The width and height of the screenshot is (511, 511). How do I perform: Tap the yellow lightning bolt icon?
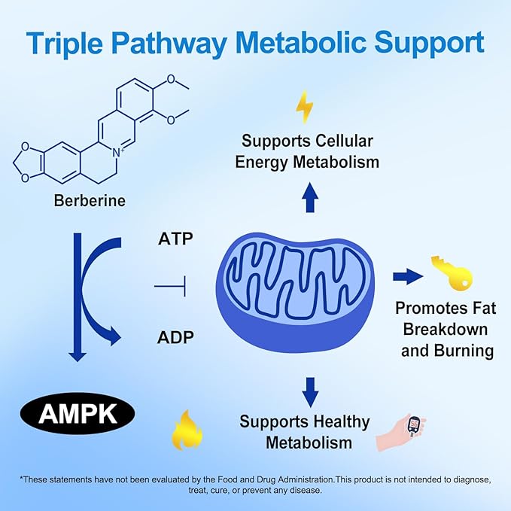304,107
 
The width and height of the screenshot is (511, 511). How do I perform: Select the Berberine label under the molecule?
90,200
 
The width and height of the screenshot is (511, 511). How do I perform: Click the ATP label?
175,239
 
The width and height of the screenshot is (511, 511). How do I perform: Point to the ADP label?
175,337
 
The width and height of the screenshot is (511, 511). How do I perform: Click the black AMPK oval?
78,414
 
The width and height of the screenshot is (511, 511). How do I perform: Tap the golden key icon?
452,273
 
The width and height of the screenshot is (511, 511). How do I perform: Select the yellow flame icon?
187,430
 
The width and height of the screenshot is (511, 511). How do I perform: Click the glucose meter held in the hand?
415,427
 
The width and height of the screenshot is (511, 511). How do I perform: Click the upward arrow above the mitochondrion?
310,197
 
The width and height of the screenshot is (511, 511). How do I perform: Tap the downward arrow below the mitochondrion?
310,392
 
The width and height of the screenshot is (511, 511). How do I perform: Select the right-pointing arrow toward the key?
408,277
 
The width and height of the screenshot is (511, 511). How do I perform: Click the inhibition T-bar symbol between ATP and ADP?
170,287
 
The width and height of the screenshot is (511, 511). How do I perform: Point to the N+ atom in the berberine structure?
117,153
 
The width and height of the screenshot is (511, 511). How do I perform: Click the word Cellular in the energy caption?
344,141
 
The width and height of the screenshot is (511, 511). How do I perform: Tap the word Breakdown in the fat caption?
446,329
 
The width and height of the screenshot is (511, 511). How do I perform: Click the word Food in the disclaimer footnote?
226,479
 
